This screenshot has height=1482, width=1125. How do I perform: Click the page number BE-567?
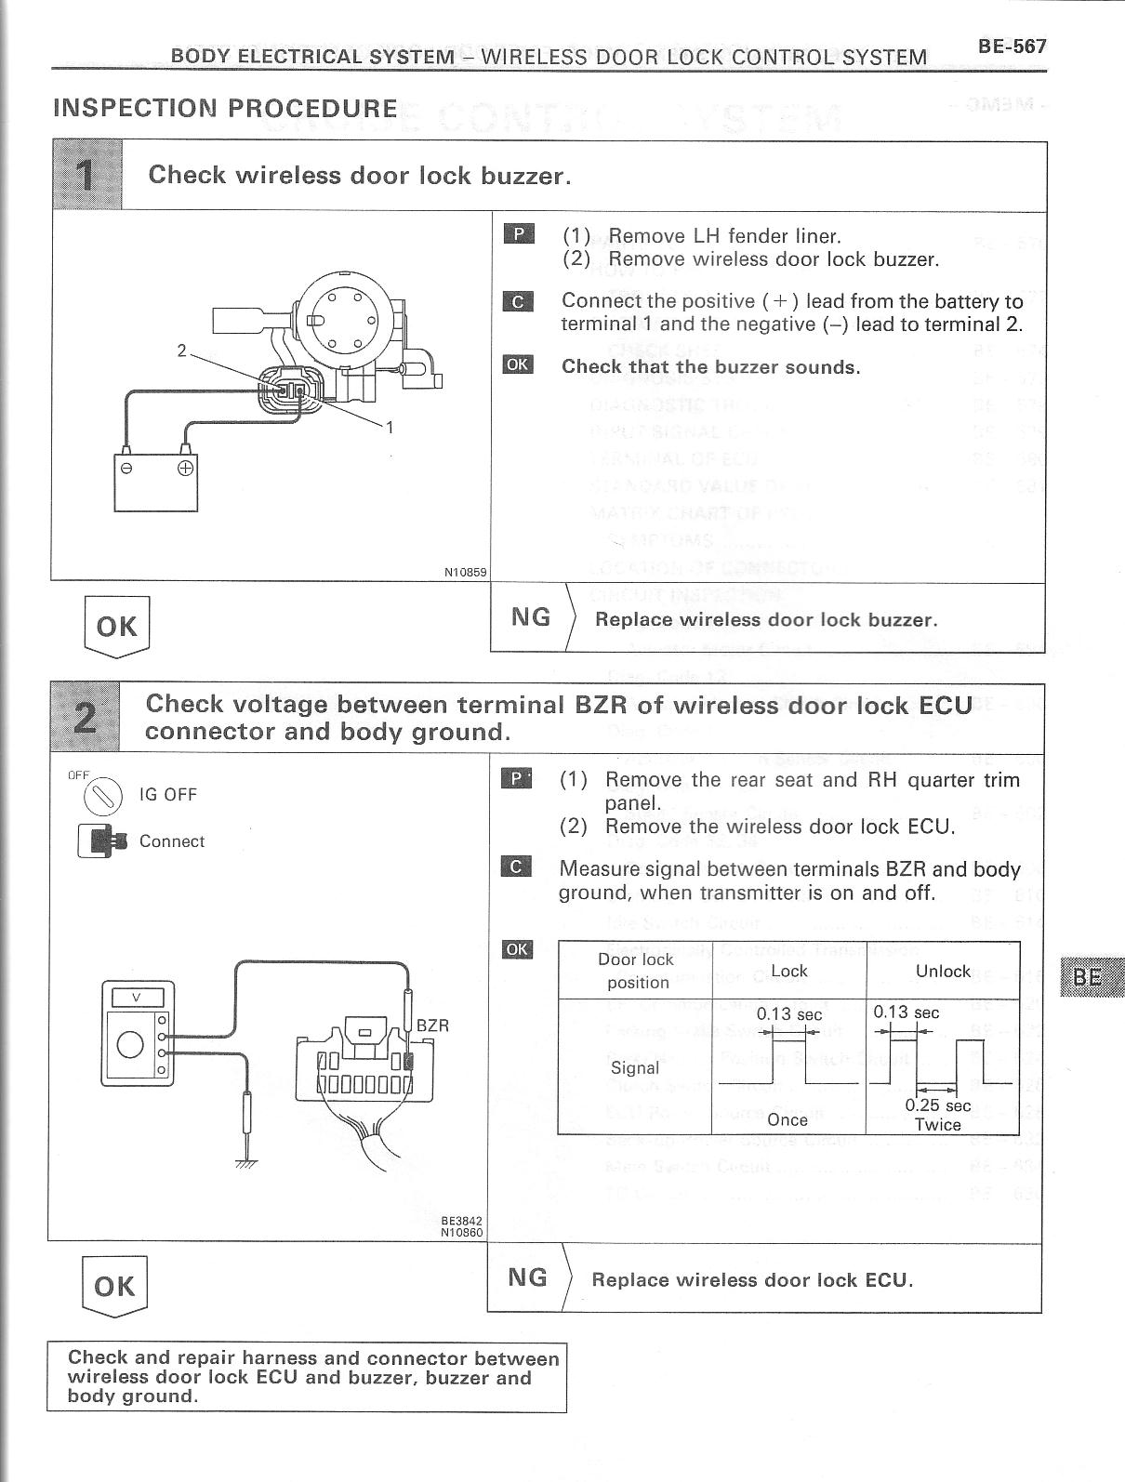point(1012,46)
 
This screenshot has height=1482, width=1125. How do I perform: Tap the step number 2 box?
point(84,717)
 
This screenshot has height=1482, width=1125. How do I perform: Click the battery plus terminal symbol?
point(186,467)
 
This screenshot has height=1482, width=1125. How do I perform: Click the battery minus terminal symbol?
point(128,467)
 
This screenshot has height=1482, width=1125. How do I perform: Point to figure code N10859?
point(466,573)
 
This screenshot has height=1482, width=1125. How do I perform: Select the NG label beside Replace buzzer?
point(531,617)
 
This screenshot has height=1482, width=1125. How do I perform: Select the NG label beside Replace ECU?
point(527,1277)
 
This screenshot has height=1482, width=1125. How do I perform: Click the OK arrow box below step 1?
point(117,627)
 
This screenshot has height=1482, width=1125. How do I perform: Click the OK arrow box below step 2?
point(115,1286)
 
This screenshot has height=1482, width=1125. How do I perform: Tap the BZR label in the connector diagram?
point(432,1025)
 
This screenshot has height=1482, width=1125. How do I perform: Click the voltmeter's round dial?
point(130,1044)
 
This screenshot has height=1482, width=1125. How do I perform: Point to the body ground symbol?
point(246,1162)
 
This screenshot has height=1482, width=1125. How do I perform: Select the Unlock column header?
point(942,971)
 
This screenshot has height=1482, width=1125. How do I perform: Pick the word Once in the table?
point(787,1119)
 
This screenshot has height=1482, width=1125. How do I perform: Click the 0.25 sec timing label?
point(938,1105)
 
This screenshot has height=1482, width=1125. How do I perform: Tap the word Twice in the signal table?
point(937,1124)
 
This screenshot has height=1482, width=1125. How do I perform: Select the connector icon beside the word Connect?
point(100,840)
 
